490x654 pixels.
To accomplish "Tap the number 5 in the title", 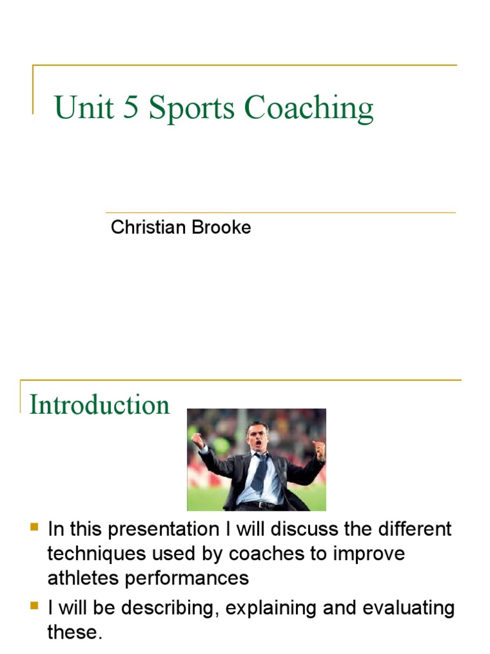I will (131, 108).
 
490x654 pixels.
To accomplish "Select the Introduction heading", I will (100, 405).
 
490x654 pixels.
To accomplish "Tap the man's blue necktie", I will (260, 472).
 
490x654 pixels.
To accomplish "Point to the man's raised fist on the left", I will (197, 440).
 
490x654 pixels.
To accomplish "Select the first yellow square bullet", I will (34, 528).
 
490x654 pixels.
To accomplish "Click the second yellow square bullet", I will (34, 605).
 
